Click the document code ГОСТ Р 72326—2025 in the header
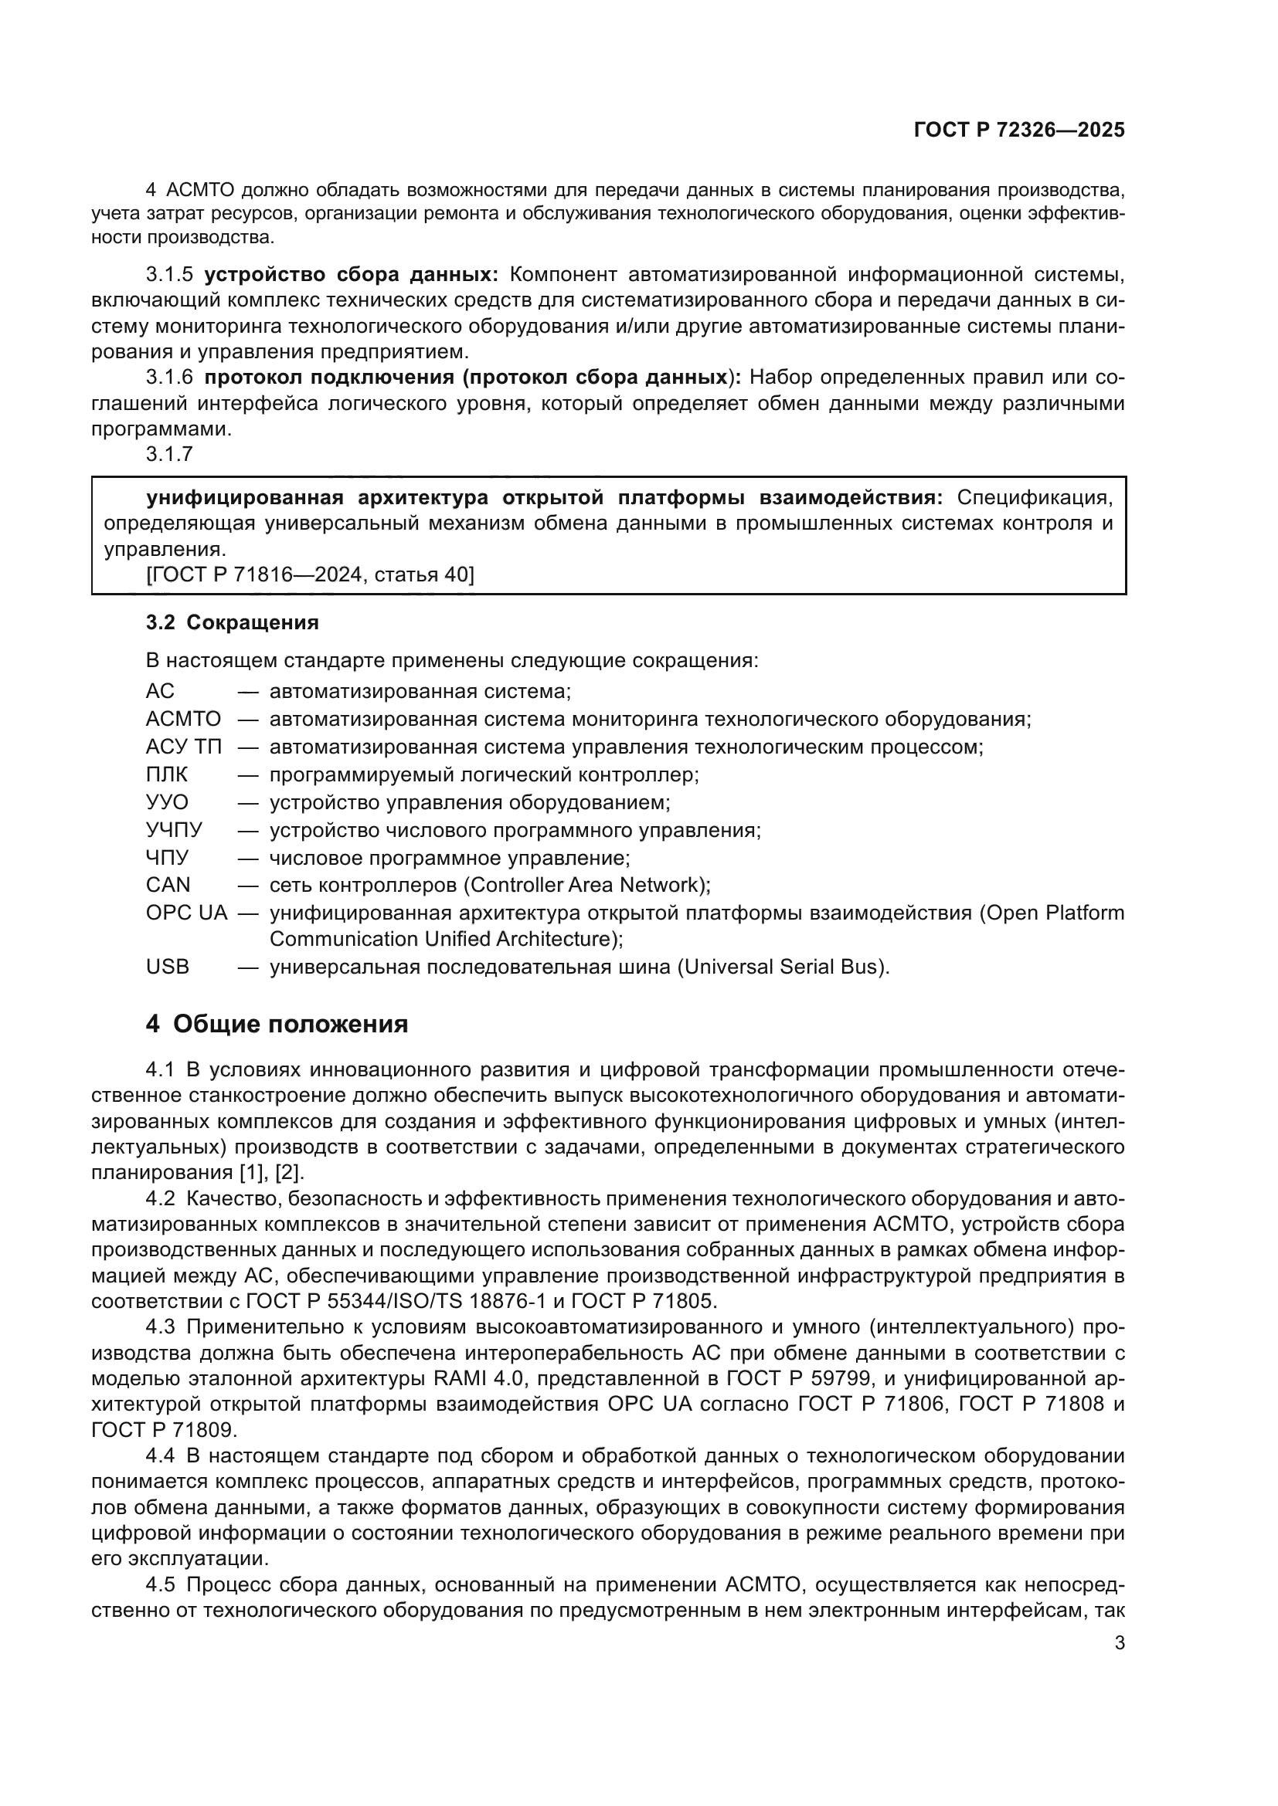pyautogui.click(x=1019, y=130)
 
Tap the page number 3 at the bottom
pyautogui.click(x=1120, y=1643)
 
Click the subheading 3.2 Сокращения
pyautogui.click(x=232, y=622)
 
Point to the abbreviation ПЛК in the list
pyautogui.click(x=167, y=774)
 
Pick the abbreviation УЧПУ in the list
pyautogui.click(x=174, y=830)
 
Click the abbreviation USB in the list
pyautogui.click(x=168, y=967)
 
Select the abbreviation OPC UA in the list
pyautogui.click(x=186, y=913)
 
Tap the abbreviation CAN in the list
pyautogui.click(x=168, y=885)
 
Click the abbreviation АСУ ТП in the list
pyautogui.click(x=183, y=747)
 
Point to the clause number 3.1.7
pyautogui.click(x=169, y=454)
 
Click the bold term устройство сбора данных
pyautogui.click(x=350, y=275)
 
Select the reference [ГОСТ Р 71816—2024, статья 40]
pyautogui.click(x=310, y=575)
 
